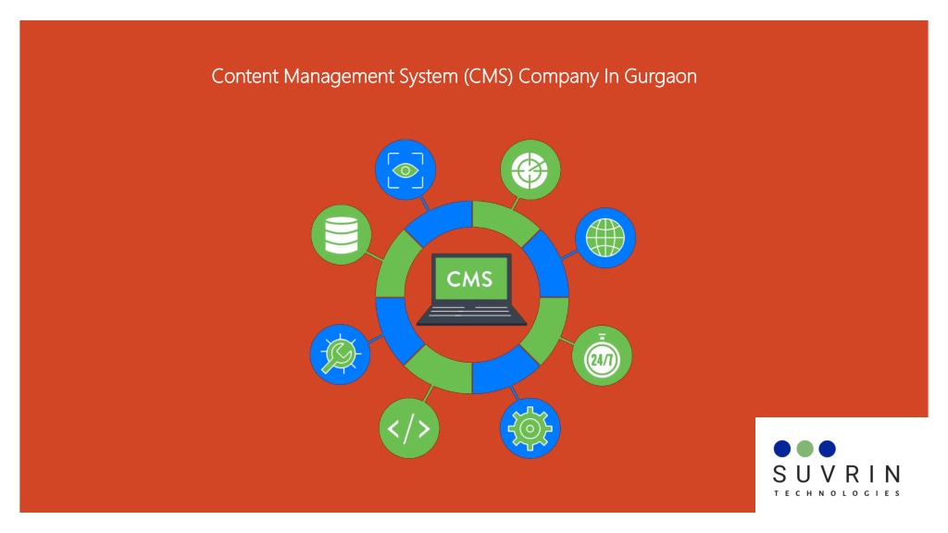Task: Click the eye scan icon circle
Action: click(405, 170)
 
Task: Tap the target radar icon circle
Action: click(530, 170)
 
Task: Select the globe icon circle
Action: click(605, 238)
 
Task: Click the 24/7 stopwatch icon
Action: click(602, 356)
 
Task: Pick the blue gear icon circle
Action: click(530, 428)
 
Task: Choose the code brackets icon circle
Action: click(409, 428)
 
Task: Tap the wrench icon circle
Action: click(341, 354)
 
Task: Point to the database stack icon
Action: click(342, 235)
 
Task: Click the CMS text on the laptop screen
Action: click(469, 279)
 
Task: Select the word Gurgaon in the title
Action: click(660, 77)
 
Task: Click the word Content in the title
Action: click(244, 76)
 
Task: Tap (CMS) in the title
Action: click(489, 77)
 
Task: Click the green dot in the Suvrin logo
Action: click(805, 449)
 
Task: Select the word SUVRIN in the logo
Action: click(837, 475)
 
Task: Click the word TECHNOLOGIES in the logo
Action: click(837, 493)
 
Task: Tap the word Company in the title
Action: click(558, 77)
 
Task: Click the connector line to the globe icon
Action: click(569, 255)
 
